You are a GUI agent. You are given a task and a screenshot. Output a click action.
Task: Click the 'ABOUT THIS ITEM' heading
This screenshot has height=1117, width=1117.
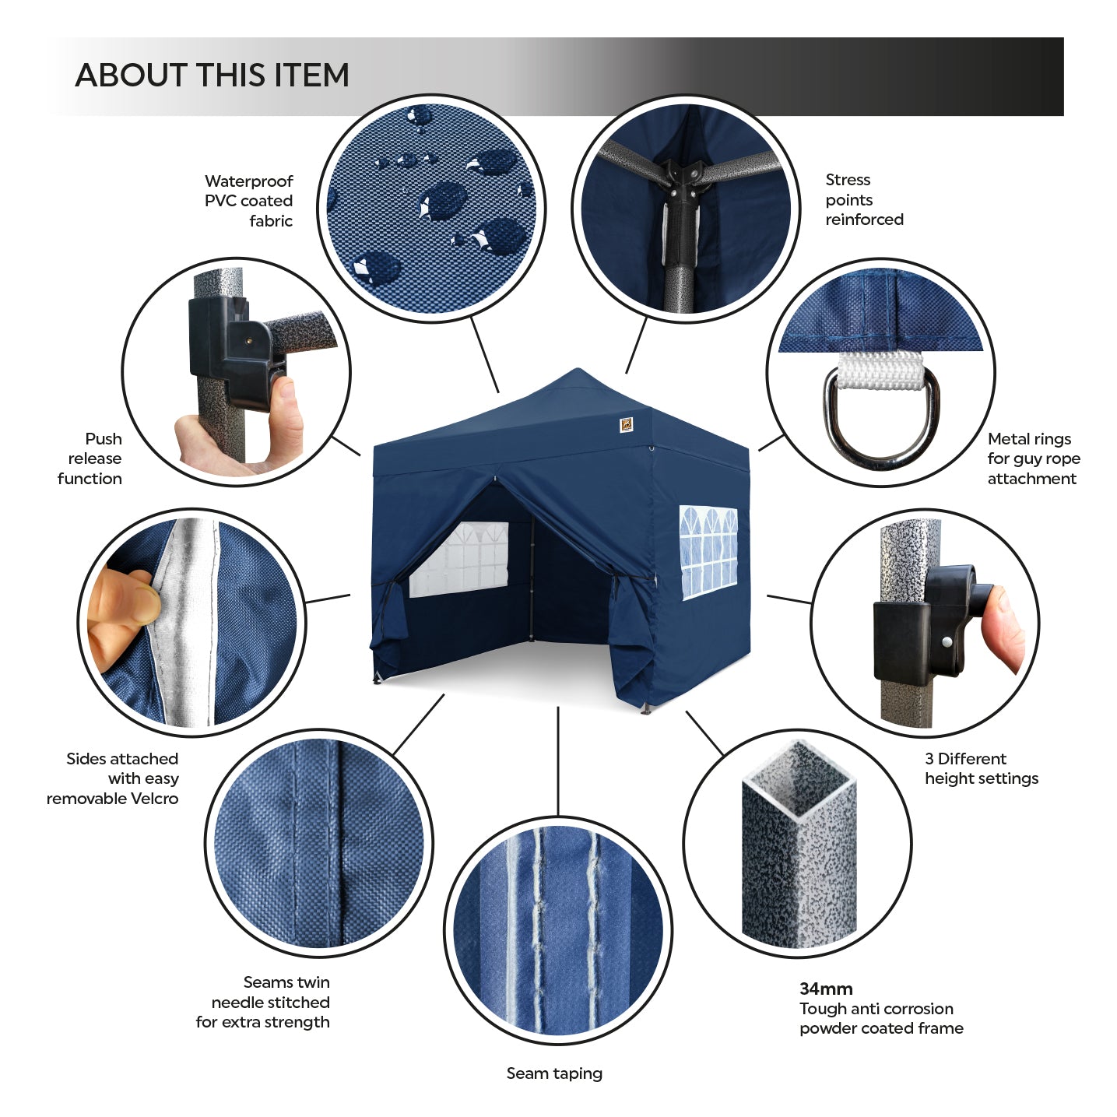tap(213, 76)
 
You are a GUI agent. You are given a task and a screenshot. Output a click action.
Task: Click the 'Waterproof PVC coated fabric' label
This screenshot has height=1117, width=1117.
tap(248, 201)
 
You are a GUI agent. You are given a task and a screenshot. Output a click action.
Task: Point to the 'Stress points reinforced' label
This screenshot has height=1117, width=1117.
tap(864, 199)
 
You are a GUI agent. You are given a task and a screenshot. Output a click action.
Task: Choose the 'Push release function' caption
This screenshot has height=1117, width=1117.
tap(90, 458)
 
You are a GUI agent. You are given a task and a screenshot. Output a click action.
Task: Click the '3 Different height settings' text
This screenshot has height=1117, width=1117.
tap(982, 768)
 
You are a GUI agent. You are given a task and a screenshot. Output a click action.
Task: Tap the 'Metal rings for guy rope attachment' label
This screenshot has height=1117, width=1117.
tap(1034, 458)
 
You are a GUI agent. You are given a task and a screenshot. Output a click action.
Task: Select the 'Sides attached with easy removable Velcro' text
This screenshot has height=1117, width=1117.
tap(112, 778)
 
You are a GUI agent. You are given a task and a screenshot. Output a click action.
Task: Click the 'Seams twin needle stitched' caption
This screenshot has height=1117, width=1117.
tap(262, 1002)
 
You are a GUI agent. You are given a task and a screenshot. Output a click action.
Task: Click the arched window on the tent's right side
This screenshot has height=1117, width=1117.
tap(708, 553)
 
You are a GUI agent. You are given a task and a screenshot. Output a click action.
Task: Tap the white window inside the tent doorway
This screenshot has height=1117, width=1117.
tap(459, 560)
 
